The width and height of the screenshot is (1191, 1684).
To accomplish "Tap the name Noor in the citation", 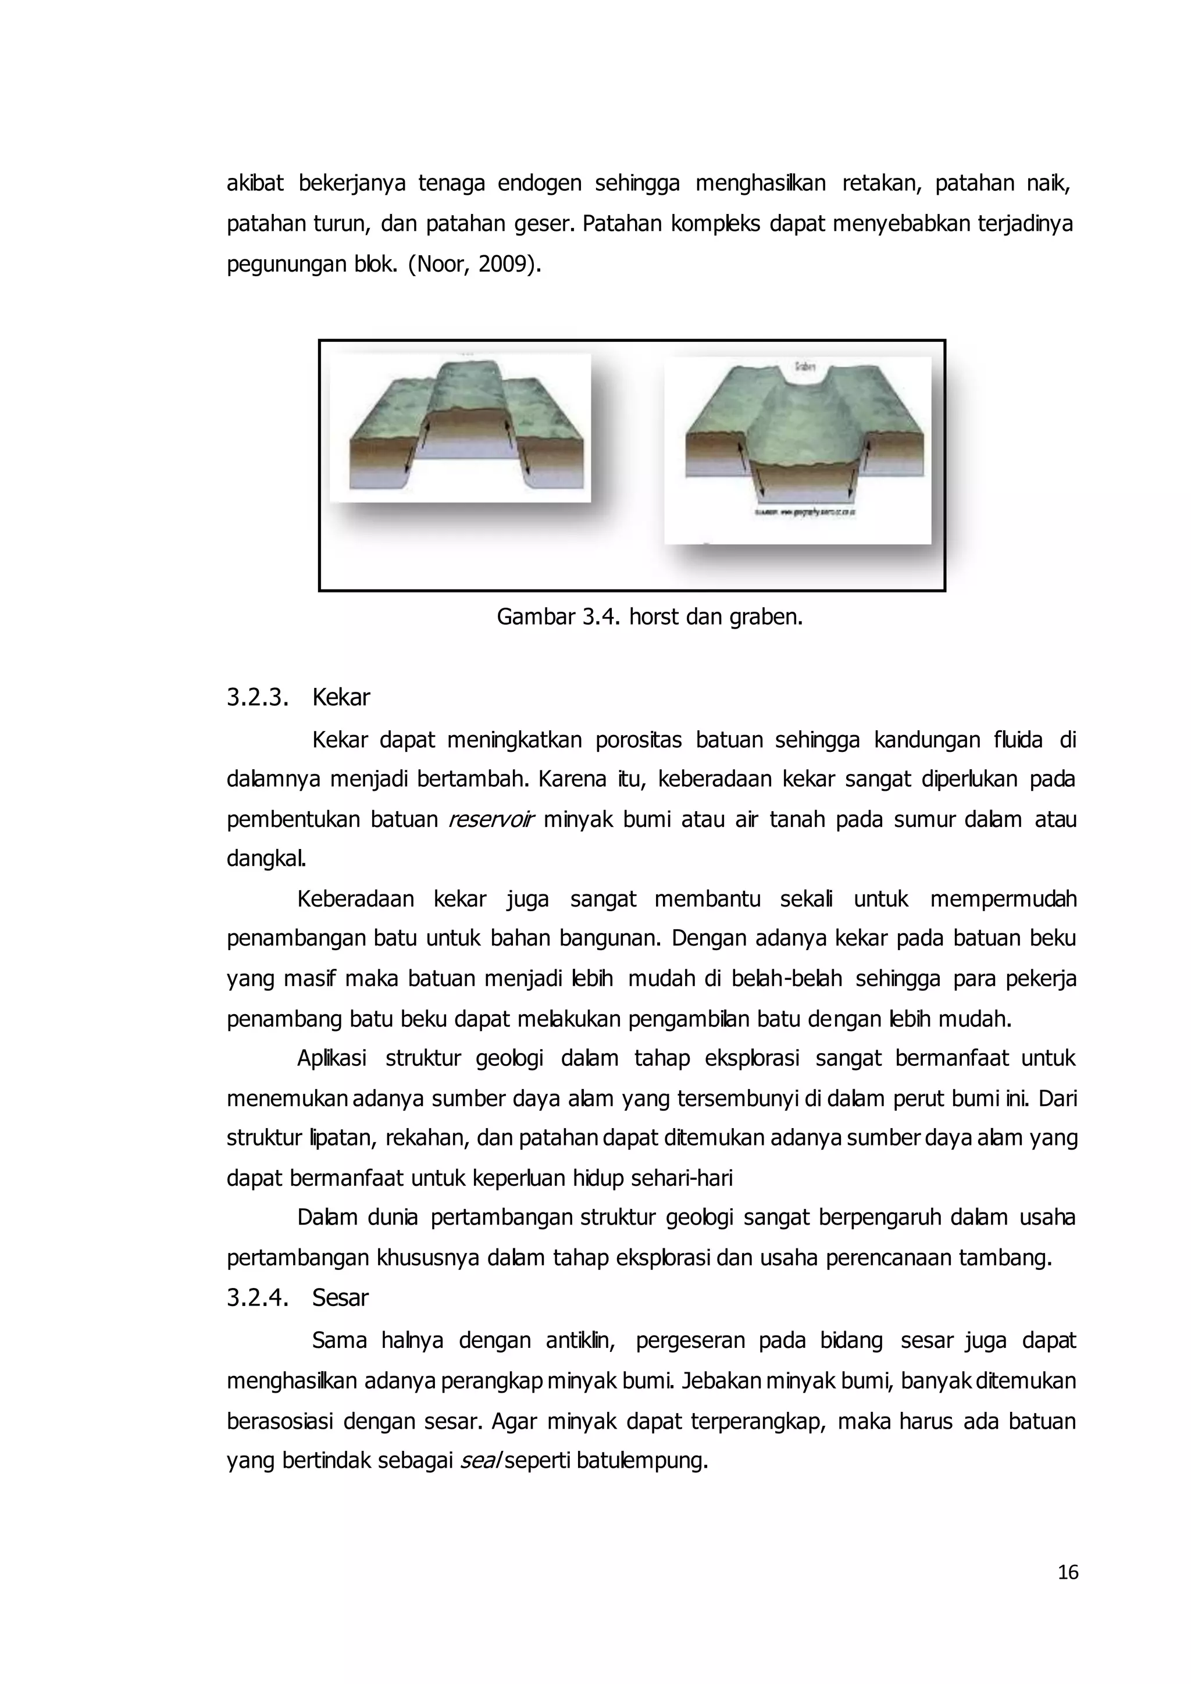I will (440, 264).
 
